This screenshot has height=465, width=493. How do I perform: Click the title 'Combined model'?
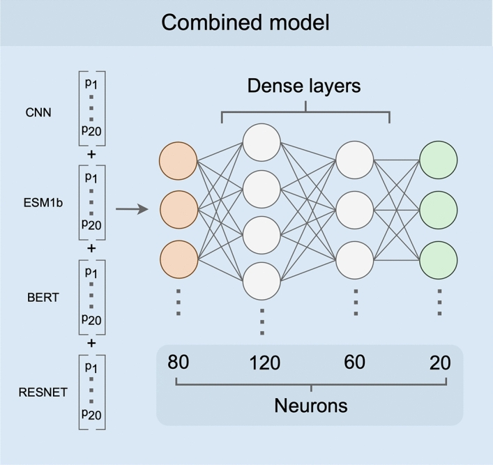[x=245, y=22]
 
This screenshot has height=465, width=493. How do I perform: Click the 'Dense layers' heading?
[x=305, y=87]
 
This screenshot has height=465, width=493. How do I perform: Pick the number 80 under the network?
[x=179, y=362]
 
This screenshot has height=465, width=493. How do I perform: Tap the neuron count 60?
[x=355, y=362]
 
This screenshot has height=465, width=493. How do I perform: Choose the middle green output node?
[x=439, y=208]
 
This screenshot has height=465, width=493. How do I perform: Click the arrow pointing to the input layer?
[x=131, y=208]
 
